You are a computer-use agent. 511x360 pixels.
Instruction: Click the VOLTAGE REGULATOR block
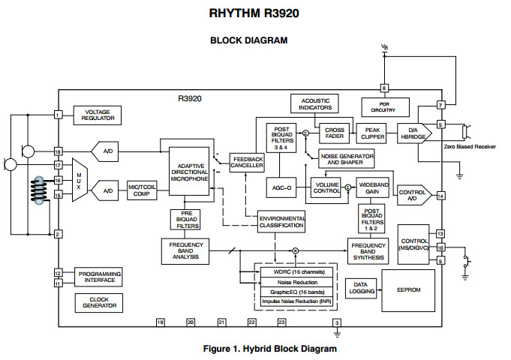pos(96,115)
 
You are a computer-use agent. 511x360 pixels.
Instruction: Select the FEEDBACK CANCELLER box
pos(248,162)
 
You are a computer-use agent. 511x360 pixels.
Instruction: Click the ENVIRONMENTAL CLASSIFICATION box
pos(281,221)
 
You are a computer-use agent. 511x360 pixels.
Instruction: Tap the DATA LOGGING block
pos(359,288)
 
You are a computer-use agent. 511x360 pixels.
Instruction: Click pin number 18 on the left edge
pos(57,151)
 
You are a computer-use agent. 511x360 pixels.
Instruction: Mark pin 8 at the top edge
pos(385,88)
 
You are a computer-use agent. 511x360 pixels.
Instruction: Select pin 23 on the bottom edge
pos(281,322)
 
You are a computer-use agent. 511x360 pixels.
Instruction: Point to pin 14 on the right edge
pos(440,196)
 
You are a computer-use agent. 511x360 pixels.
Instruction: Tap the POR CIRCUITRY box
pos(385,106)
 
